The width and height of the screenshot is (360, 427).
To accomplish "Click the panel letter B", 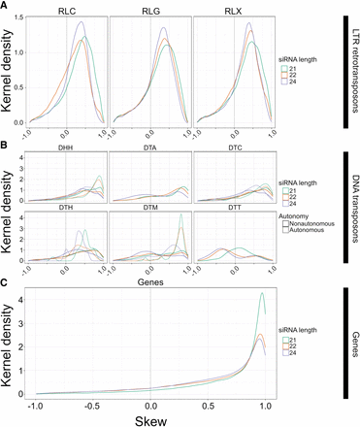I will pyautogui.click(x=7, y=146).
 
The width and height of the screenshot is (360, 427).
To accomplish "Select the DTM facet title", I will pyautogui.click(x=150, y=205).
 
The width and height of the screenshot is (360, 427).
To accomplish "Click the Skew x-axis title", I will pyautogui.click(x=149, y=417).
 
